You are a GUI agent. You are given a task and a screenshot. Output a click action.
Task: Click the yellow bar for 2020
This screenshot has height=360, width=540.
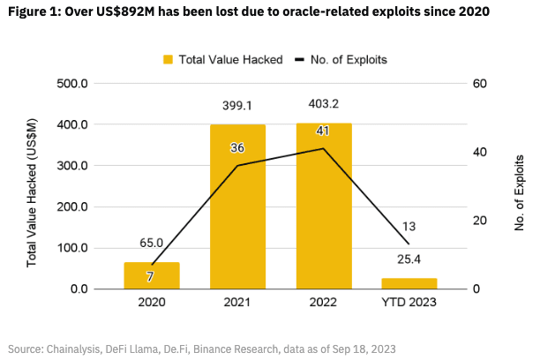(151, 275)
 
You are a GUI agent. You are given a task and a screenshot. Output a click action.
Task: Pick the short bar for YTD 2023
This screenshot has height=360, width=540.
(409, 283)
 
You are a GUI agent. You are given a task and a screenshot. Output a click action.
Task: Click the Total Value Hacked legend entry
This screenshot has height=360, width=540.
(221, 59)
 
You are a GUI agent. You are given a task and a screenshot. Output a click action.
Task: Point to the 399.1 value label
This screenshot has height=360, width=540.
(236, 105)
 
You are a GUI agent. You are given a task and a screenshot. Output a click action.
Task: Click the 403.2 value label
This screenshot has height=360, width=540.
(323, 103)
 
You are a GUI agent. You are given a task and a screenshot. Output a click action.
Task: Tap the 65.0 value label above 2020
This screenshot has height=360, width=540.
(151, 242)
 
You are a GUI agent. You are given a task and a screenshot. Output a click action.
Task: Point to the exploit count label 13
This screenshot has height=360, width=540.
(409, 227)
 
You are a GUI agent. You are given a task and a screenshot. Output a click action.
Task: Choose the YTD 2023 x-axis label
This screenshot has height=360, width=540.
(409, 304)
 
